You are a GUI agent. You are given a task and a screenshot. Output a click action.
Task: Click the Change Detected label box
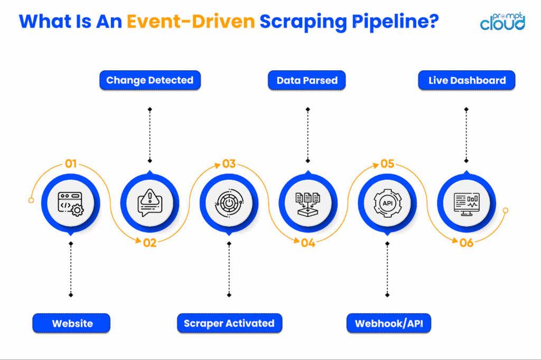pyautogui.click(x=150, y=81)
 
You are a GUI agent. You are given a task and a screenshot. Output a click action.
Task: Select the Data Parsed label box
pyautogui.click(x=307, y=81)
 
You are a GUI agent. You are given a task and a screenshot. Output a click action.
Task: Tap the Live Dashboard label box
pyautogui.click(x=467, y=81)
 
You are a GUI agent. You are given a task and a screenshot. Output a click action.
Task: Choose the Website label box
pyautogui.click(x=71, y=323)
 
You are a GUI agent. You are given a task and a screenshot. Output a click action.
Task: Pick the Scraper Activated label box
pyautogui.click(x=229, y=323)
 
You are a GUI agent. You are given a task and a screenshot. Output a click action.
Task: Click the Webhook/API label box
pyautogui.click(x=388, y=323)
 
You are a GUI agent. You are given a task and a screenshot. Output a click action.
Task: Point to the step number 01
pyautogui.click(x=71, y=163)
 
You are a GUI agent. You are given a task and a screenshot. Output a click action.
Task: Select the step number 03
pyautogui.click(x=229, y=163)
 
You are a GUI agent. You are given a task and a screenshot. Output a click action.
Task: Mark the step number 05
pyautogui.click(x=387, y=163)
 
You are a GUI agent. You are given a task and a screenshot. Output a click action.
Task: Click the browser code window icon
pyautogui.click(x=70, y=203)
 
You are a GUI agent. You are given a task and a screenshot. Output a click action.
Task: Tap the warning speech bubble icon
pyautogui.click(x=150, y=203)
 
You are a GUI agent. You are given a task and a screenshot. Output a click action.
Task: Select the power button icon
pyautogui.click(x=229, y=203)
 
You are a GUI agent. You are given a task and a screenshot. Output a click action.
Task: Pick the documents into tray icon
pyautogui.click(x=307, y=203)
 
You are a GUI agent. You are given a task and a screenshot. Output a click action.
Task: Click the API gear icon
pyautogui.click(x=387, y=203)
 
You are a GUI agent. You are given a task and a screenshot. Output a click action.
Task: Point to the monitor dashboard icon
pyautogui.click(x=467, y=203)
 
